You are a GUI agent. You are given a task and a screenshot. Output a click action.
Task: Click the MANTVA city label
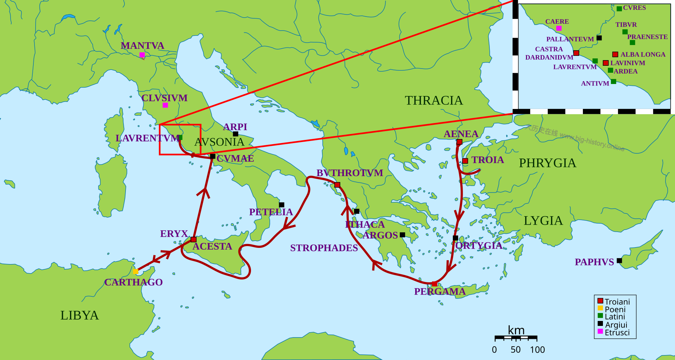142,46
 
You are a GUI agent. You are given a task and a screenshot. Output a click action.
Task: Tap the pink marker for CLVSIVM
165,105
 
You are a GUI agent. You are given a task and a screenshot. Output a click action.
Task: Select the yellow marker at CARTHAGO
136,271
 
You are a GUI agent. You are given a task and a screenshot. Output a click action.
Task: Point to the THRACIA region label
434,101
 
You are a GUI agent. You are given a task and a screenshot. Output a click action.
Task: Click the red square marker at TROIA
465,161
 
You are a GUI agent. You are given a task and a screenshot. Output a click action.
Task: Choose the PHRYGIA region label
547,163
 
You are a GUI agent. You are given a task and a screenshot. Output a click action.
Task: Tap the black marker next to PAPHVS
619,261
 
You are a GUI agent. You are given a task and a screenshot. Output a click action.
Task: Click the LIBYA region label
79,315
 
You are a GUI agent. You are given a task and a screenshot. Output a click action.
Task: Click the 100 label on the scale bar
537,350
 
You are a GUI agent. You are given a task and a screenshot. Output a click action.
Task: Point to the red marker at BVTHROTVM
337,185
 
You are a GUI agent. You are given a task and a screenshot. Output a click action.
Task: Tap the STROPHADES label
324,248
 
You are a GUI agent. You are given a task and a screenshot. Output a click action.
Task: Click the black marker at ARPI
236,134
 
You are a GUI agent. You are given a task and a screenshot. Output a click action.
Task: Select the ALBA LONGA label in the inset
643,54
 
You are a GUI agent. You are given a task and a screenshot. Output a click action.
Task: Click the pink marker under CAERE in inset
559,28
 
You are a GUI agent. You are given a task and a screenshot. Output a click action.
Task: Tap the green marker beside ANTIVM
613,82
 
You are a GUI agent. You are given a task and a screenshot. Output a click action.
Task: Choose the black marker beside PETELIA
282,205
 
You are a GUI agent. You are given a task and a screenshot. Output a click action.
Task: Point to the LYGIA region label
543,221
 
